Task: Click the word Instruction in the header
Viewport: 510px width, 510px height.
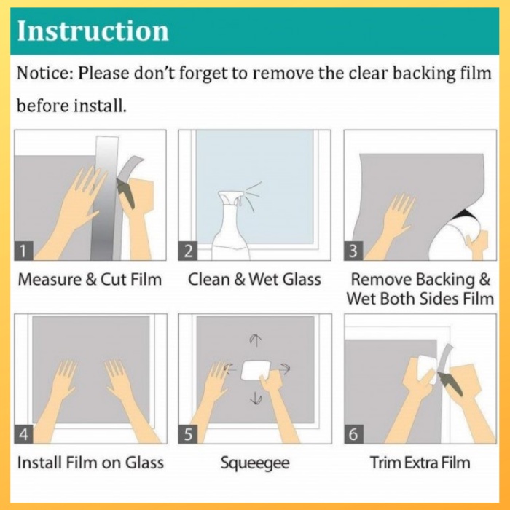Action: [x=93, y=31]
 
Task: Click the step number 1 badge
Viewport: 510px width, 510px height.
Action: [x=23, y=251]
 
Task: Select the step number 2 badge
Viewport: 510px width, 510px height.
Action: [x=188, y=251]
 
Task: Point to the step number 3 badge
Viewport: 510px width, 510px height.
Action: [x=353, y=251]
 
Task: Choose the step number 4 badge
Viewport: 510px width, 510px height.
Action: [x=24, y=434]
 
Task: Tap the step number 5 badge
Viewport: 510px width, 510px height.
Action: [x=188, y=434]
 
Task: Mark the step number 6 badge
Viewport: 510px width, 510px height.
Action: [x=354, y=434]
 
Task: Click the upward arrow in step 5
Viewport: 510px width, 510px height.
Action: [x=256, y=340]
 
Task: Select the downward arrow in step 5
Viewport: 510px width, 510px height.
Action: [x=256, y=398]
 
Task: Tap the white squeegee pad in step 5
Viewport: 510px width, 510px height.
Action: [x=256, y=370]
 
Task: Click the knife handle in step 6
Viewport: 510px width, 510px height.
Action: [x=450, y=384]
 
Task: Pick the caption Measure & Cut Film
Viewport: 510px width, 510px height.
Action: [x=90, y=279]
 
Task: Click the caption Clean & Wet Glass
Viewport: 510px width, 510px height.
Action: [x=254, y=279]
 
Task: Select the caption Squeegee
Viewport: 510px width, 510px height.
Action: [x=255, y=463]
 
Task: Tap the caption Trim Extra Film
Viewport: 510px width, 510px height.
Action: [x=420, y=463]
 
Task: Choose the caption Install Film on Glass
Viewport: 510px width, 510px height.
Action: [x=90, y=463]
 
